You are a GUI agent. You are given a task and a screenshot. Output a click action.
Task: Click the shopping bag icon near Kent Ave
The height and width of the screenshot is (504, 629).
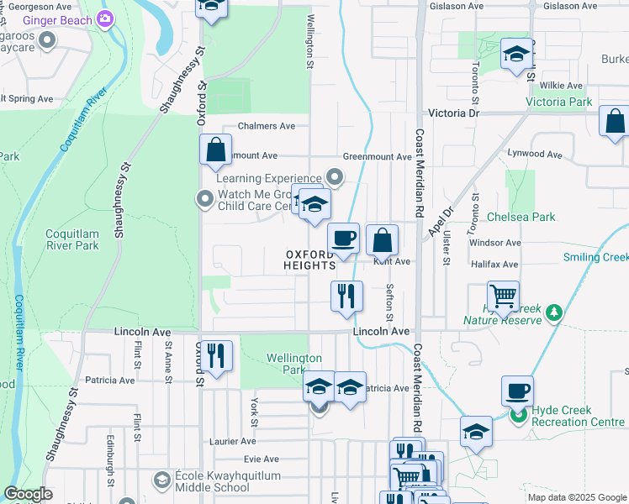pyautogui.click(x=382, y=241)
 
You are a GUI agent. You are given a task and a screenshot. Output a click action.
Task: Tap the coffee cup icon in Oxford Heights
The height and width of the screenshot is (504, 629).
pyautogui.click(x=343, y=239)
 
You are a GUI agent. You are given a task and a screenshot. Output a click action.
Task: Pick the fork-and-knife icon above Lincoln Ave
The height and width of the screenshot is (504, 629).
pyautogui.click(x=346, y=296)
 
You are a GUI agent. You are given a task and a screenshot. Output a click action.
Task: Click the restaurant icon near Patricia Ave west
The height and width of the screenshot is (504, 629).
pyautogui.click(x=218, y=356)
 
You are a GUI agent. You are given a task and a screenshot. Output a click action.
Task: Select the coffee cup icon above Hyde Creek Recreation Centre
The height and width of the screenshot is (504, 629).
pyautogui.click(x=517, y=391)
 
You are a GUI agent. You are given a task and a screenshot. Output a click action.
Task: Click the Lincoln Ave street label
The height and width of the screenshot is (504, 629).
pyautogui.click(x=381, y=332)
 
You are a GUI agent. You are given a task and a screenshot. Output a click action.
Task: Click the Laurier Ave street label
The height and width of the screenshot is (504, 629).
pyautogui.click(x=236, y=441)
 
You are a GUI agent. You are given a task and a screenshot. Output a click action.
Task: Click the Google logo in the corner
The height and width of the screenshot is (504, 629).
pyautogui.click(x=28, y=494)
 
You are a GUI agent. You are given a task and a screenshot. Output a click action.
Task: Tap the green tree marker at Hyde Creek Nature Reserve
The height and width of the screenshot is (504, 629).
pyautogui.click(x=553, y=312)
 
